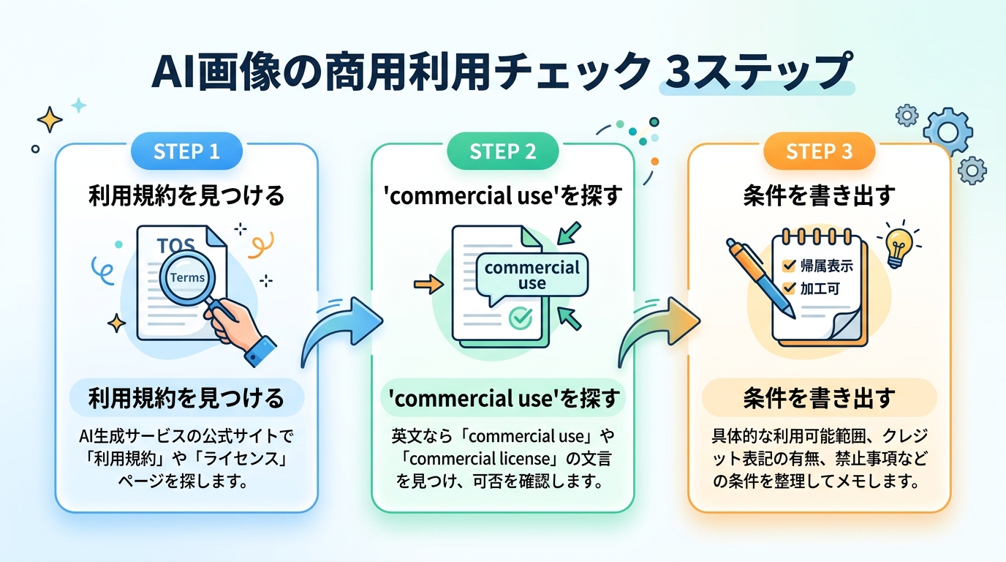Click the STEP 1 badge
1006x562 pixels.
(x=186, y=151)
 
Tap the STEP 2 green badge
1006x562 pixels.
(x=502, y=151)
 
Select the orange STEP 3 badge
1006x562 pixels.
(x=819, y=151)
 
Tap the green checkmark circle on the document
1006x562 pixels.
(x=520, y=318)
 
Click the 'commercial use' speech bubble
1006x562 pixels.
(x=532, y=275)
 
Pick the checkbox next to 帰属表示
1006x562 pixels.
(x=789, y=266)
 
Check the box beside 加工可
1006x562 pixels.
(x=789, y=288)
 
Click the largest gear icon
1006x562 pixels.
(x=948, y=132)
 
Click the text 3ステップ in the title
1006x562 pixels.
(x=756, y=73)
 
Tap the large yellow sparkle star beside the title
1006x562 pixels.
(x=50, y=119)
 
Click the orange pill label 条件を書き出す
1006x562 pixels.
(x=819, y=398)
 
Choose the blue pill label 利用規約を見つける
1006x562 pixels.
(x=186, y=398)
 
